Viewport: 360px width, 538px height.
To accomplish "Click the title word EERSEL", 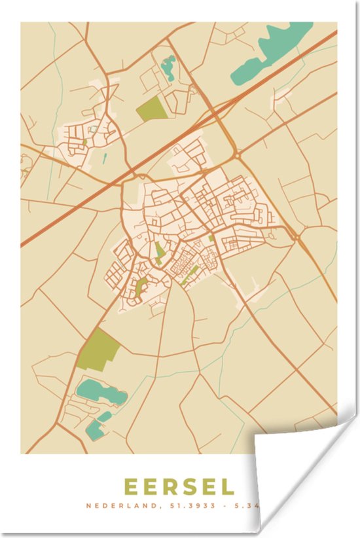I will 179,487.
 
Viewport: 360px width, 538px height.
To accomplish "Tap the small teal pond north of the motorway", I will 169,65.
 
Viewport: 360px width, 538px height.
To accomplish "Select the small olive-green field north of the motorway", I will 151,109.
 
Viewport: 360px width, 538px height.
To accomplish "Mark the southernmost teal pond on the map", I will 95,429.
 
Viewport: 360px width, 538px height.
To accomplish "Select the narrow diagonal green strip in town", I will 190,275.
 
